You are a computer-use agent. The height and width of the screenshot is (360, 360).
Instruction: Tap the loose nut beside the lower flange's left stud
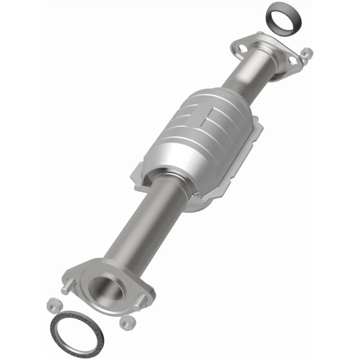[x=51, y=305]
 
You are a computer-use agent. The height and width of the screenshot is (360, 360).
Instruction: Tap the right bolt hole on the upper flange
[x=293, y=59]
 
